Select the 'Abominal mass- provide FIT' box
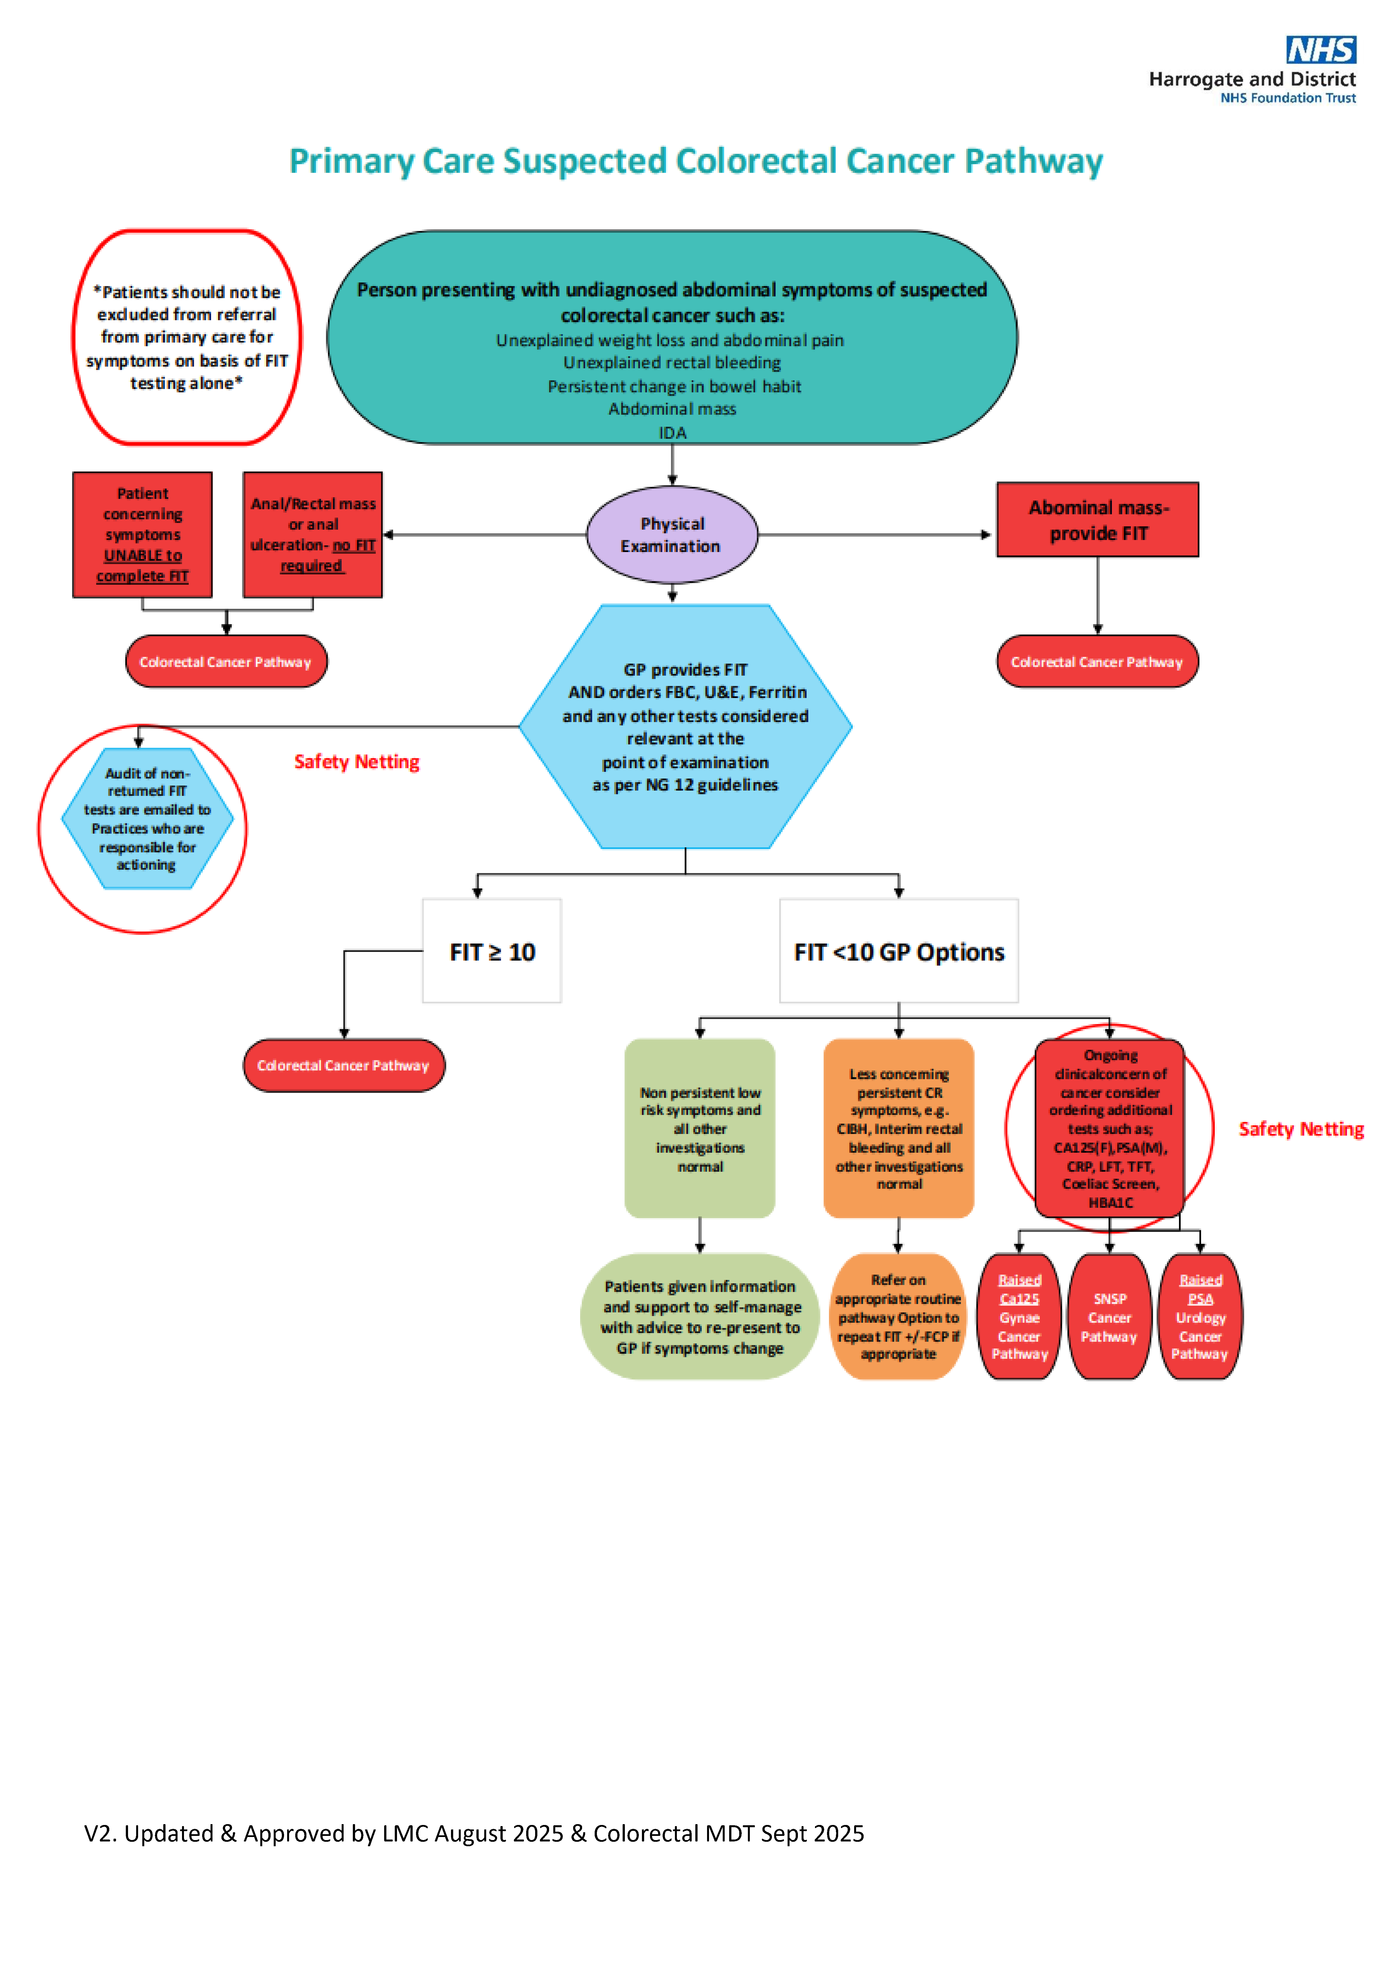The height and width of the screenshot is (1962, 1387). click(1097, 520)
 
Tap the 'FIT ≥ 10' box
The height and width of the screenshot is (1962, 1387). click(492, 951)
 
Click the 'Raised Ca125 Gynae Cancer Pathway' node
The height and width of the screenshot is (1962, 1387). click(1019, 1316)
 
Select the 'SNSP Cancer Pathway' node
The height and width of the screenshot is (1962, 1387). click(1109, 1316)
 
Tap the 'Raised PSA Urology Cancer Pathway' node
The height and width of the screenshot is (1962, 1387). click(1200, 1316)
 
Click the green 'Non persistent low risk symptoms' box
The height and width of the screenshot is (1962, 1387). click(700, 1128)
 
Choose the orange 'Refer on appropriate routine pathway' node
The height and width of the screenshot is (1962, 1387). click(898, 1316)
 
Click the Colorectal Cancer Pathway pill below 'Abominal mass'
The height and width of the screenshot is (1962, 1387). click(1097, 661)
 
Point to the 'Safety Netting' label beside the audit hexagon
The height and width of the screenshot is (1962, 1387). click(356, 761)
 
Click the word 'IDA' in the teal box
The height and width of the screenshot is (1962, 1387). click(672, 432)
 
